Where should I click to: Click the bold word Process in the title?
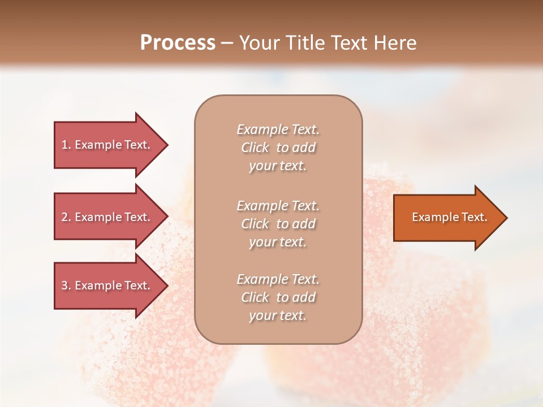[x=178, y=42]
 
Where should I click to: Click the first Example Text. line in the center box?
[x=278, y=129]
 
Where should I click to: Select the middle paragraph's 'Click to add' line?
[x=278, y=224]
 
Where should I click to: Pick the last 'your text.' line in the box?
[x=278, y=316]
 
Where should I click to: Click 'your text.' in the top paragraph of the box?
[x=278, y=166]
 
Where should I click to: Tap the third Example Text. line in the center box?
[x=278, y=279]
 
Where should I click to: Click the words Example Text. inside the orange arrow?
[x=449, y=217]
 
